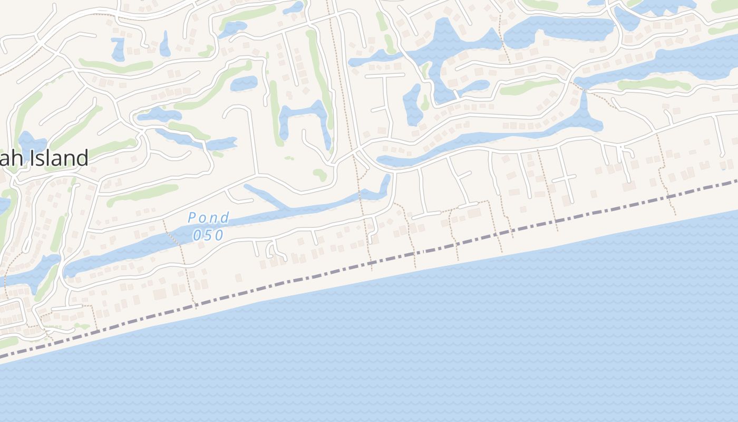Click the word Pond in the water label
click(209, 217)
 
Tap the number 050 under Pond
click(208, 235)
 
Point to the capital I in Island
click(35, 158)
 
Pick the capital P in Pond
click(192, 217)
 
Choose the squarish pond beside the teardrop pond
click(118, 49)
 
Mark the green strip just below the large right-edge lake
click(654, 84)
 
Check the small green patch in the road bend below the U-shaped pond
click(319, 174)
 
